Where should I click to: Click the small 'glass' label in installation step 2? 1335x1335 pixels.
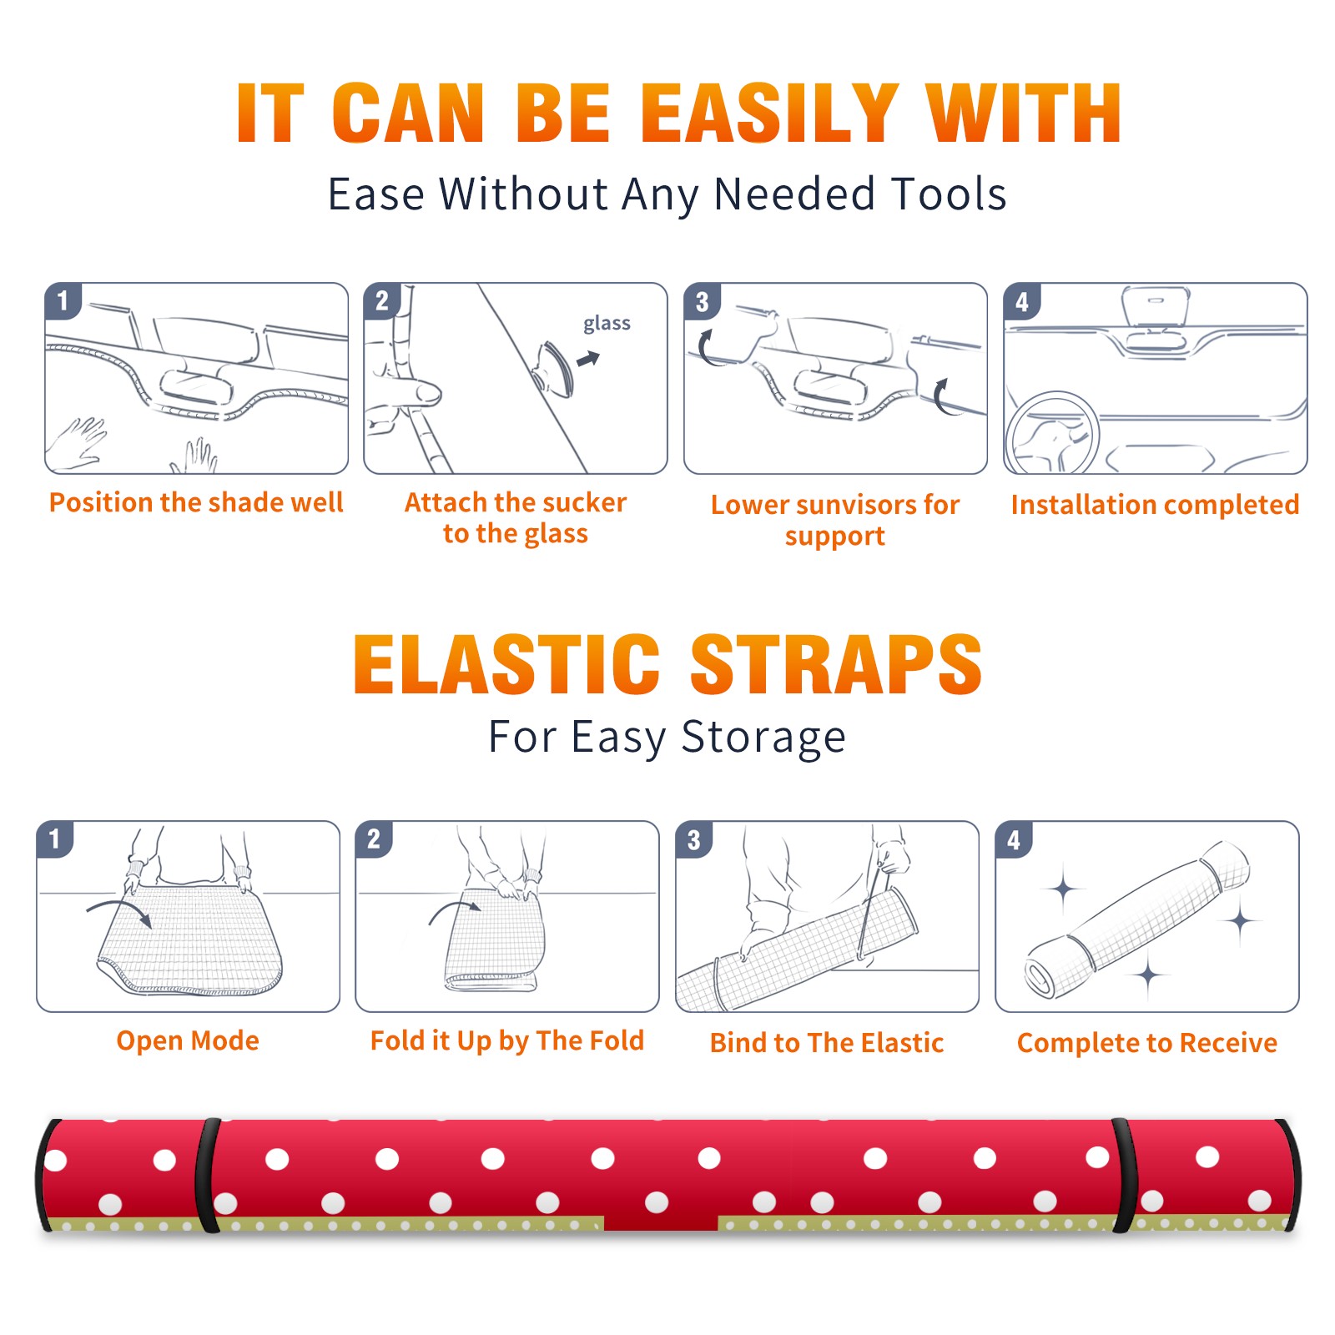point(607,324)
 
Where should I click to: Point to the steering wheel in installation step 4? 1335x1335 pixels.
point(1051,434)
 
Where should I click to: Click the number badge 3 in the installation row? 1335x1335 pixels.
point(702,301)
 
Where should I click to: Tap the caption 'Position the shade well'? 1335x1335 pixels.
point(196,502)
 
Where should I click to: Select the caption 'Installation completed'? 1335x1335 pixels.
point(1155,504)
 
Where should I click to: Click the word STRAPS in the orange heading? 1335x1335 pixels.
point(836,664)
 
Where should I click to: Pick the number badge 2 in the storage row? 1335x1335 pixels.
point(374,839)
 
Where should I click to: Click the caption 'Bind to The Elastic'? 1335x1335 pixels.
point(827,1042)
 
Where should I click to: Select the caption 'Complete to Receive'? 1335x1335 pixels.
point(1147,1043)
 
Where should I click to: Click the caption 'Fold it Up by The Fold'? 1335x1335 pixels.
point(507,1040)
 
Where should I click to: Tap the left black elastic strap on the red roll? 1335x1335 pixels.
point(207,1176)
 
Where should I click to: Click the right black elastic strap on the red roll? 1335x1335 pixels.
point(1124,1176)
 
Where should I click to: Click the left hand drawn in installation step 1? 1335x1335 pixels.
point(77,443)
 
